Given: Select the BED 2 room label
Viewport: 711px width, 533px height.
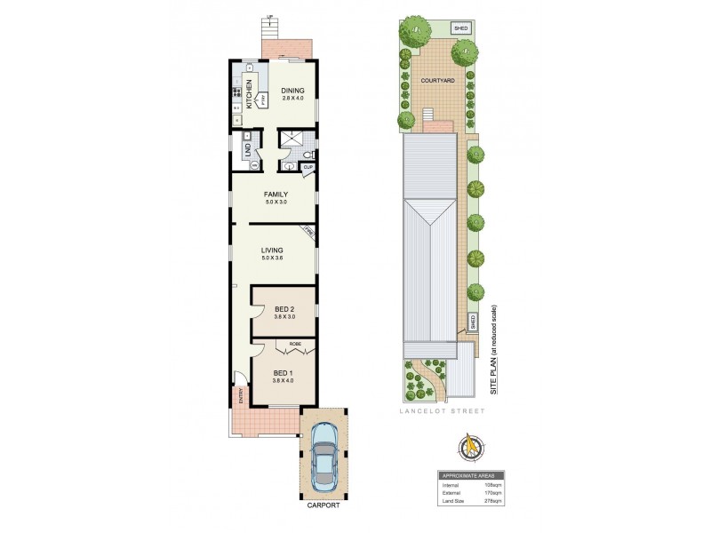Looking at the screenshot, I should pos(283,309).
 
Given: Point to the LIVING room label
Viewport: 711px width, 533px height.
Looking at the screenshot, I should pos(271,251).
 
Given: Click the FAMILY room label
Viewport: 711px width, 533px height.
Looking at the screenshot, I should pos(276,195).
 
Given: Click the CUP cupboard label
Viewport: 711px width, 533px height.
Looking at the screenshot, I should pos(308,166).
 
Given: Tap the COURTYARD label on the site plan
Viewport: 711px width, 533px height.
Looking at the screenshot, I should pos(438,81).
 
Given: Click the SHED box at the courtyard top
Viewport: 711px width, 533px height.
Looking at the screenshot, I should pos(460,28).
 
